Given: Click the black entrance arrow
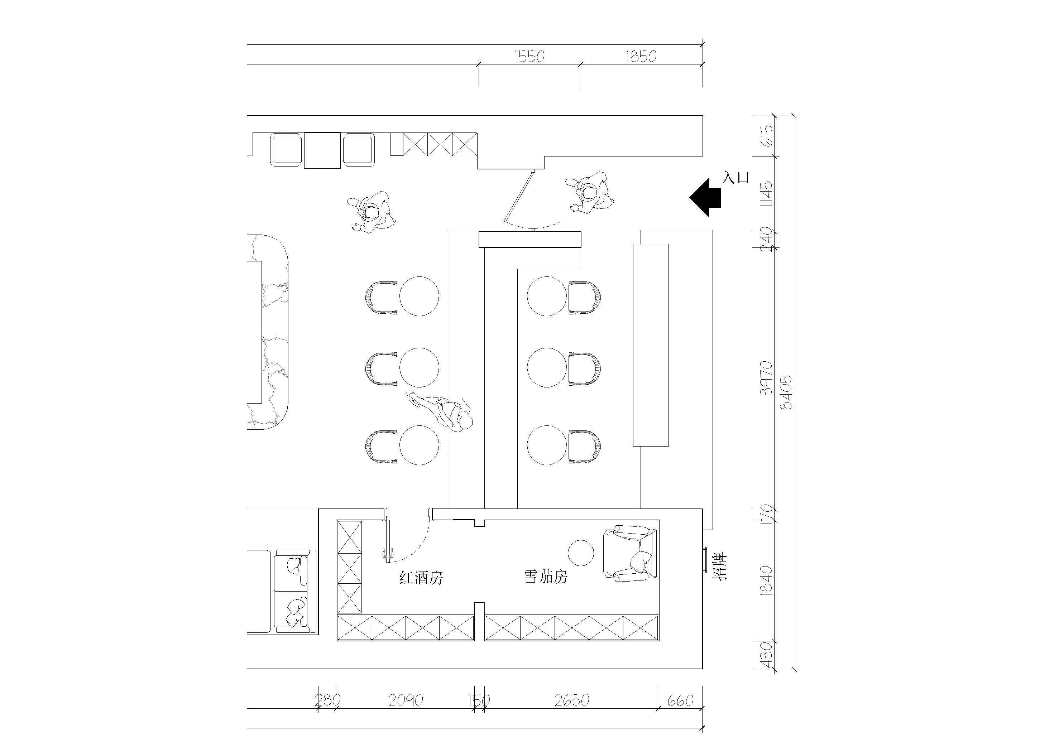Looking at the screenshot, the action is (x=705, y=197).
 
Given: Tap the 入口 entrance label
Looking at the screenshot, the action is (x=736, y=178).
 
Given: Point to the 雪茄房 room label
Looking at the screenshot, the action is (x=546, y=577).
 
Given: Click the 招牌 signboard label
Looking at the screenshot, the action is (x=720, y=566).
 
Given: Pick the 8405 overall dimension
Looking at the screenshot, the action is (x=786, y=392).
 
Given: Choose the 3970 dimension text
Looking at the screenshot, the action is (x=767, y=378).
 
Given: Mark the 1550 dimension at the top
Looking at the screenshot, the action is (x=529, y=57).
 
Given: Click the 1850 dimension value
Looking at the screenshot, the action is (x=641, y=57).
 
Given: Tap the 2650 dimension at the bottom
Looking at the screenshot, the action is (x=572, y=700).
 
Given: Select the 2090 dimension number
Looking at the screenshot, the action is (x=406, y=700).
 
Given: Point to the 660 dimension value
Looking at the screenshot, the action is (x=680, y=700).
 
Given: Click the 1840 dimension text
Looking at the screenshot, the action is (x=767, y=580).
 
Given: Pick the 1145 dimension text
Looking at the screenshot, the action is (x=767, y=194).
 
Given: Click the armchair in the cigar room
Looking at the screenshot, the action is (x=630, y=553).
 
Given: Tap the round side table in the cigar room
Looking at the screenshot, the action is (x=581, y=553).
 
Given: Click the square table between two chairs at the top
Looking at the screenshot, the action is (x=322, y=150).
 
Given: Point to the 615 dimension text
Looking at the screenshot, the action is (x=767, y=136).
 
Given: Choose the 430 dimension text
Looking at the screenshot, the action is (x=767, y=654).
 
